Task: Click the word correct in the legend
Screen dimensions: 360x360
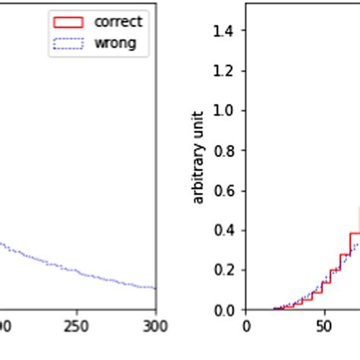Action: (x=118, y=22)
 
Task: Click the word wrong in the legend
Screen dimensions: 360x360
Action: (x=115, y=43)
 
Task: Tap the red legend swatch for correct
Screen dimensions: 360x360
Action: (x=69, y=22)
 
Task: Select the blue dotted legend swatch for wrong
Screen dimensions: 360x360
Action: (x=69, y=43)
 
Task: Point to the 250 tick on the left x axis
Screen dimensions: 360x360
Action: (x=77, y=326)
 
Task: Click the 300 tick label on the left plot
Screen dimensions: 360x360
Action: (x=155, y=326)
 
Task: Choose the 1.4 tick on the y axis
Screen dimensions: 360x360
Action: (x=225, y=30)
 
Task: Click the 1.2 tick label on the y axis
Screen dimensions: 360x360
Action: (x=225, y=71)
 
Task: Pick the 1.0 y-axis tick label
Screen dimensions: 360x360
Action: (x=225, y=110)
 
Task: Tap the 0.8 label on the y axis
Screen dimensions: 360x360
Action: (x=225, y=150)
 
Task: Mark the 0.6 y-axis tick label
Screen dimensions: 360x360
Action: (x=225, y=190)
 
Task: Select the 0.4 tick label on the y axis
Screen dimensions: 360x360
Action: (x=225, y=230)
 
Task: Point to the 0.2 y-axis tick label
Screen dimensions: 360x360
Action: (x=225, y=270)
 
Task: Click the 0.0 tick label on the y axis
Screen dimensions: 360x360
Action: (x=225, y=310)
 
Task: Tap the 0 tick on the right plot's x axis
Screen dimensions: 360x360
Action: (x=246, y=326)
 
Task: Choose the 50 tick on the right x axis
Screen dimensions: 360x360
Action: (x=324, y=326)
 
